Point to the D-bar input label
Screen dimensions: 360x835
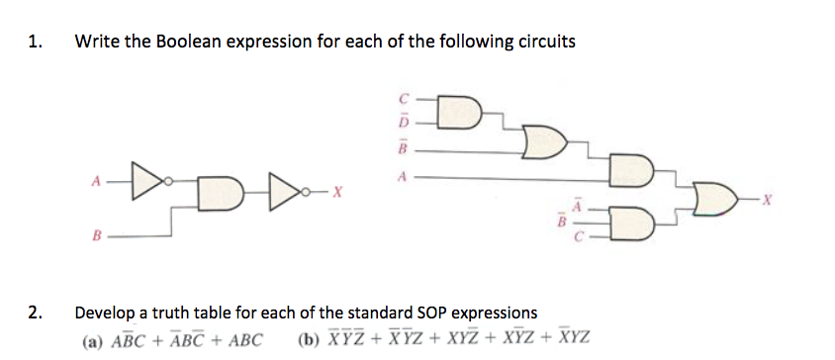(x=403, y=123)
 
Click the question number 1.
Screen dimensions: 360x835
(x=36, y=42)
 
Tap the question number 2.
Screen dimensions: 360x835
(x=36, y=315)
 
